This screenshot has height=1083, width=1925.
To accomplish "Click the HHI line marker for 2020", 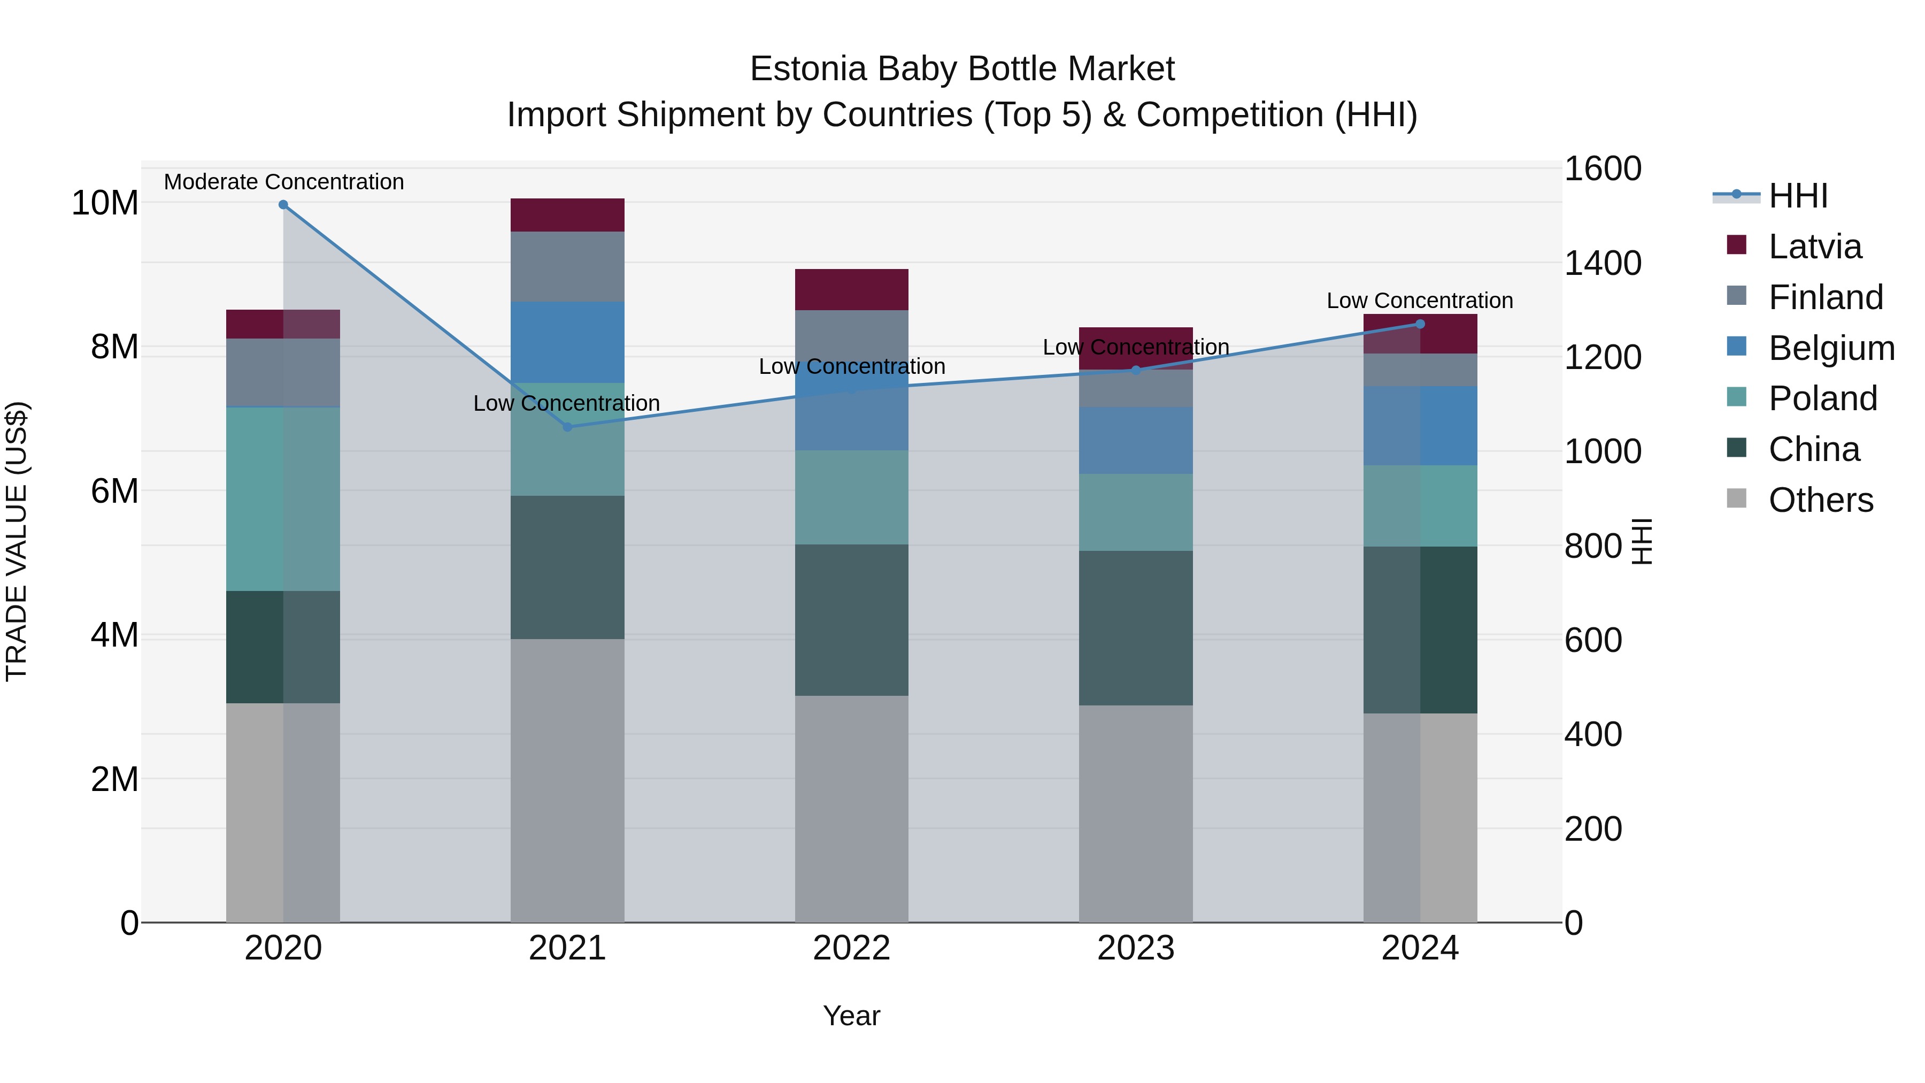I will click(x=283, y=205).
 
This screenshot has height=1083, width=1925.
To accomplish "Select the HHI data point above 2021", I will click(x=567, y=427).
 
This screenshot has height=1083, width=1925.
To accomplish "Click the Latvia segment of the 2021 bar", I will click(x=567, y=215).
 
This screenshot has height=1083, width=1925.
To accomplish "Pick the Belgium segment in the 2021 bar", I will click(x=567, y=342).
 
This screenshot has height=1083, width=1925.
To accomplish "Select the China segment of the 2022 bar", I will click(x=851, y=620).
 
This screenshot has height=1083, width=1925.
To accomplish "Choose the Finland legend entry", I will click(x=1825, y=297).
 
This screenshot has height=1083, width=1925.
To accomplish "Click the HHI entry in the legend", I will click(x=1798, y=196).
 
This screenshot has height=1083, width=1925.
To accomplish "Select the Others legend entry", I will click(x=1820, y=500).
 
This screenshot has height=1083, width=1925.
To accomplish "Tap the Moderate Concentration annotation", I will click(x=284, y=182).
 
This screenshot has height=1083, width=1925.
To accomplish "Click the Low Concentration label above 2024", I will click(x=1420, y=301).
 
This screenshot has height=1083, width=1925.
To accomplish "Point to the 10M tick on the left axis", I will click(x=105, y=203).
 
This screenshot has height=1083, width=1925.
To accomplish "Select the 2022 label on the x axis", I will click(x=851, y=948).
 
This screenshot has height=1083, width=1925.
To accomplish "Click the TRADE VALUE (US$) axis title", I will click(x=17, y=541).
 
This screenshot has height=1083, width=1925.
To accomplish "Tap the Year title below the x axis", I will click(x=851, y=1016).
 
